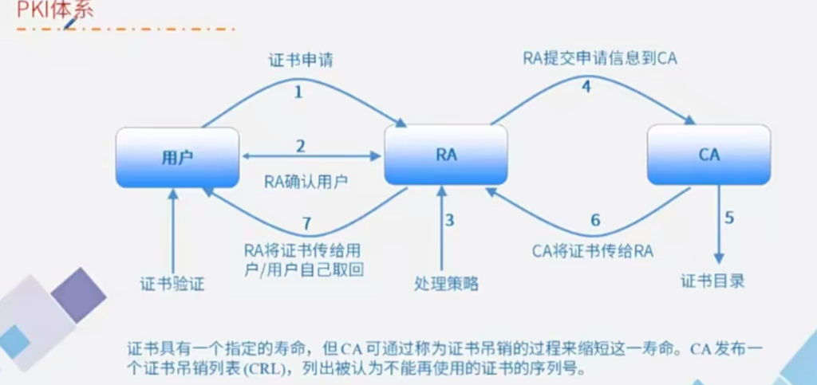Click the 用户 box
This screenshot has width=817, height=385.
click(x=177, y=156)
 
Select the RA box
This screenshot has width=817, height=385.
click(x=446, y=155)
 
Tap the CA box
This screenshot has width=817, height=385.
click(x=708, y=155)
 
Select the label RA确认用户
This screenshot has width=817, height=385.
click(x=306, y=181)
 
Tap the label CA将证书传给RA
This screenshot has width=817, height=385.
click(x=593, y=249)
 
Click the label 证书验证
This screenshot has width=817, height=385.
click(x=172, y=283)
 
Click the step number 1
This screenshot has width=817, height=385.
click(x=298, y=92)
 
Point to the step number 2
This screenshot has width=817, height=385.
click(x=301, y=146)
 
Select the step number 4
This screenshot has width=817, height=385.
click(x=586, y=88)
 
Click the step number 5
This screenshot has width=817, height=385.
click(x=728, y=217)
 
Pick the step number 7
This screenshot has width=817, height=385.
click(x=306, y=223)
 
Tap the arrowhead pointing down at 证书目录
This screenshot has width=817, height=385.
click(x=720, y=257)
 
